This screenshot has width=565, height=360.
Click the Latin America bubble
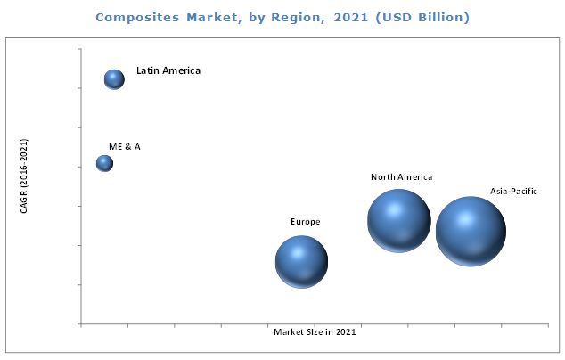pos(114,79)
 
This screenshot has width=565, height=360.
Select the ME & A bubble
pos(104,163)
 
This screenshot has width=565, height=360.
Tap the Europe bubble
pos(301,261)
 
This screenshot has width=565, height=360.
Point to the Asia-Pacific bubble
pos(470,230)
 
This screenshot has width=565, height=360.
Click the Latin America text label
pos(168,70)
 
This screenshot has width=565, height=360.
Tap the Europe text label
pos(305,221)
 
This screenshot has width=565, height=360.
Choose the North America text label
pos(401,177)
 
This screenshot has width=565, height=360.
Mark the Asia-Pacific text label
pos(513,191)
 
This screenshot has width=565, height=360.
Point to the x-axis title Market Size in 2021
pos(316,332)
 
